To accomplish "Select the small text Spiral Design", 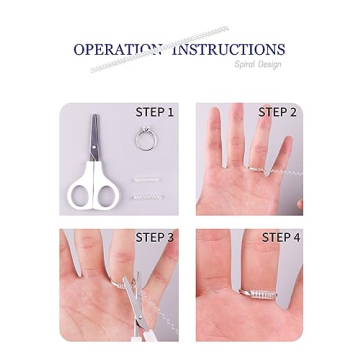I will pos(258,64).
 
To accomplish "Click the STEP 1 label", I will pos(154,112).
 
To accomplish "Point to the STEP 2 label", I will pos(277,112).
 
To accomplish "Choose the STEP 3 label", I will pos(154,237).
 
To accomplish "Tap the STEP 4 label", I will pos(280,237).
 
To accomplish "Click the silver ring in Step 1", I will pos(146,139).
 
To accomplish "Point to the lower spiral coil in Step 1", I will pos(147,196).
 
